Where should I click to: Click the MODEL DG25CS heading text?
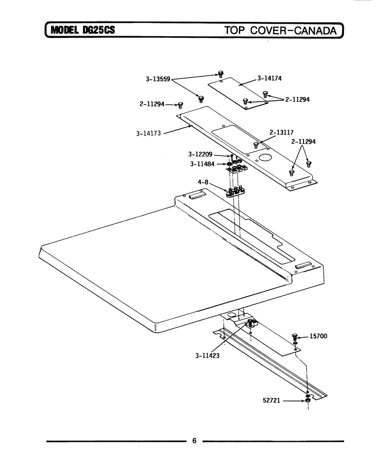coord(83,30)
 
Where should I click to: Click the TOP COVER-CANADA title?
coord(281,30)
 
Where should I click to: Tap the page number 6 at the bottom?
coord(194,441)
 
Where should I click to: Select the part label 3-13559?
coord(158,79)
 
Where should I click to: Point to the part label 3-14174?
coord(269,78)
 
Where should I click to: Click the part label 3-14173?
coord(149,133)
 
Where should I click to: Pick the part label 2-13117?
coord(282,132)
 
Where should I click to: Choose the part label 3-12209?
coord(200,154)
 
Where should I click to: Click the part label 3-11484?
coord(202,164)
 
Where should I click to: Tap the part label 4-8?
coord(203,182)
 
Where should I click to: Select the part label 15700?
coord(318,336)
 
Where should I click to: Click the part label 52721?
coord(271,400)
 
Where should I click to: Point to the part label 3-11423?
coord(208,356)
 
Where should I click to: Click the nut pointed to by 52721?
coord(308,400)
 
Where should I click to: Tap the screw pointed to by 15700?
coord(295,337)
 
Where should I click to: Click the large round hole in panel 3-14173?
coord(265,158)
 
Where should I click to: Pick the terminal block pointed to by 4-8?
coord(236,192)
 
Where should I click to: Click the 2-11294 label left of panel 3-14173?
coord(152,104)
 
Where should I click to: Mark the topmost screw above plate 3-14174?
coord(220,74)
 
